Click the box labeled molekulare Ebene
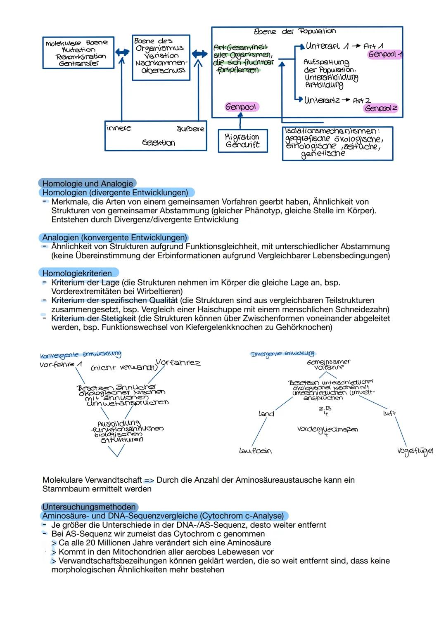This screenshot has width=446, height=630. [78, 53]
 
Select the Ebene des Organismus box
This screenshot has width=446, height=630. [161, 57]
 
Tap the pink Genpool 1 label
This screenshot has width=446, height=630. [384, 54]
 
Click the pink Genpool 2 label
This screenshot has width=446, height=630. [381, 108]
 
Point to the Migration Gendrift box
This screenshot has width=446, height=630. [242, 141]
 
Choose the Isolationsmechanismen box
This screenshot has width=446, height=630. [337, 143]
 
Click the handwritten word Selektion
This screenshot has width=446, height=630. [158, 143]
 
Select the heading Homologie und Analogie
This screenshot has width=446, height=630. [88, 184]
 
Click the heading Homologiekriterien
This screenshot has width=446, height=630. [77, 273]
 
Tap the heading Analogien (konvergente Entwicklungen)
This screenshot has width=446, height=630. [114, 238]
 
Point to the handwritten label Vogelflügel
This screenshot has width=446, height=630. [415, 451]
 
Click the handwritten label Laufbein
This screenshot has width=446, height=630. [255, 451]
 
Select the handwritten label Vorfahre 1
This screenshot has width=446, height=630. [60, 364]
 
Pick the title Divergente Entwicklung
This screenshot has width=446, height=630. [283, 354]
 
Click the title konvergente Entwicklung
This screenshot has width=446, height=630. [81, 354]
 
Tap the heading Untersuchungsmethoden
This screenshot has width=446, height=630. [89, 507]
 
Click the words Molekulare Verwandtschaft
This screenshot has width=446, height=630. [91, 480]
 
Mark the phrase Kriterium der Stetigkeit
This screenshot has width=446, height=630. [93, 318]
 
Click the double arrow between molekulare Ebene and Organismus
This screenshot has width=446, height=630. [122, 52]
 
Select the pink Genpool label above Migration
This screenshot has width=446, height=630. [241, 107]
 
